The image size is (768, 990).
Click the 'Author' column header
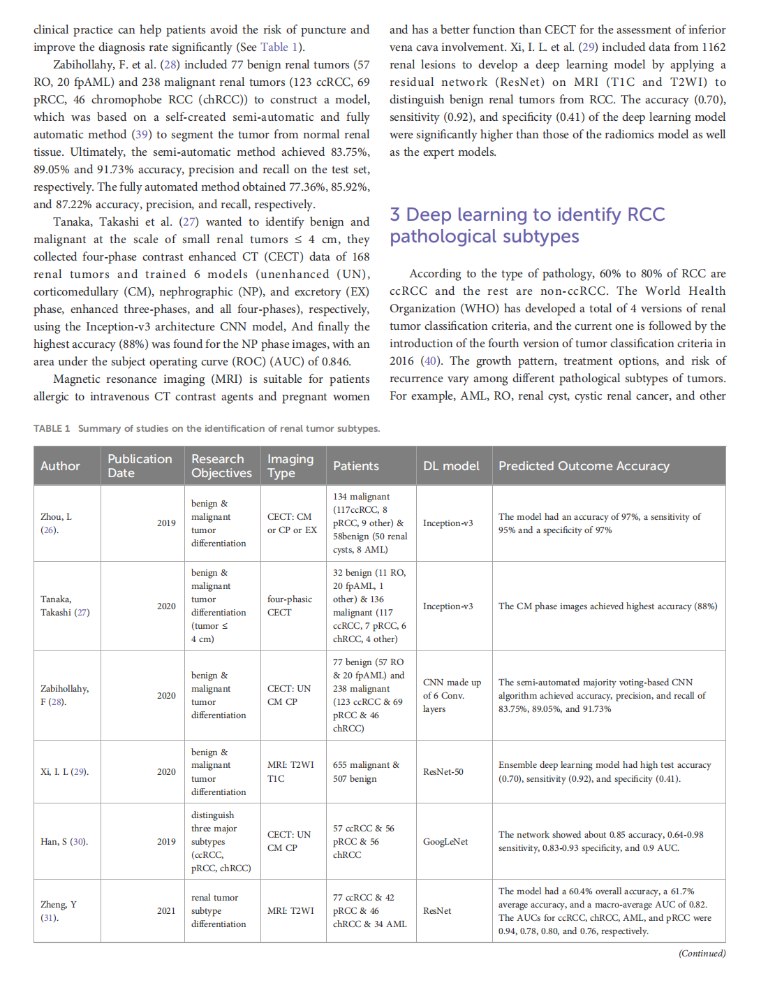(60, 466)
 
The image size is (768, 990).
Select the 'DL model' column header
(451, 466)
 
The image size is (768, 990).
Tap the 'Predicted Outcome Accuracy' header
(584, 466)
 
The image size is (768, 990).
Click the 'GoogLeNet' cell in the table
(445, 841)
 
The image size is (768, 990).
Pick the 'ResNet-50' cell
(443, 771)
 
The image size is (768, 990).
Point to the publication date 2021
(166, 910)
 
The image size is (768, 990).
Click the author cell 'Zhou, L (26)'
(56, 523)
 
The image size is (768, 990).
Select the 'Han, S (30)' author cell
(64, 841)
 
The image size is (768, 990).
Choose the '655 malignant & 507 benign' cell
(366, 771)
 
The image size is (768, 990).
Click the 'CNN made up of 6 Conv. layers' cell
(452, 695)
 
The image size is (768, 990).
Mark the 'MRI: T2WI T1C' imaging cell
(290, 771)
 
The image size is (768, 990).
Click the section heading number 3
(395, 214)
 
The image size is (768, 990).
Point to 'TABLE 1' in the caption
(52, 428)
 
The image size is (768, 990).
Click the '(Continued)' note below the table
(702, 953)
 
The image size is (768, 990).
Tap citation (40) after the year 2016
(431, 361)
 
